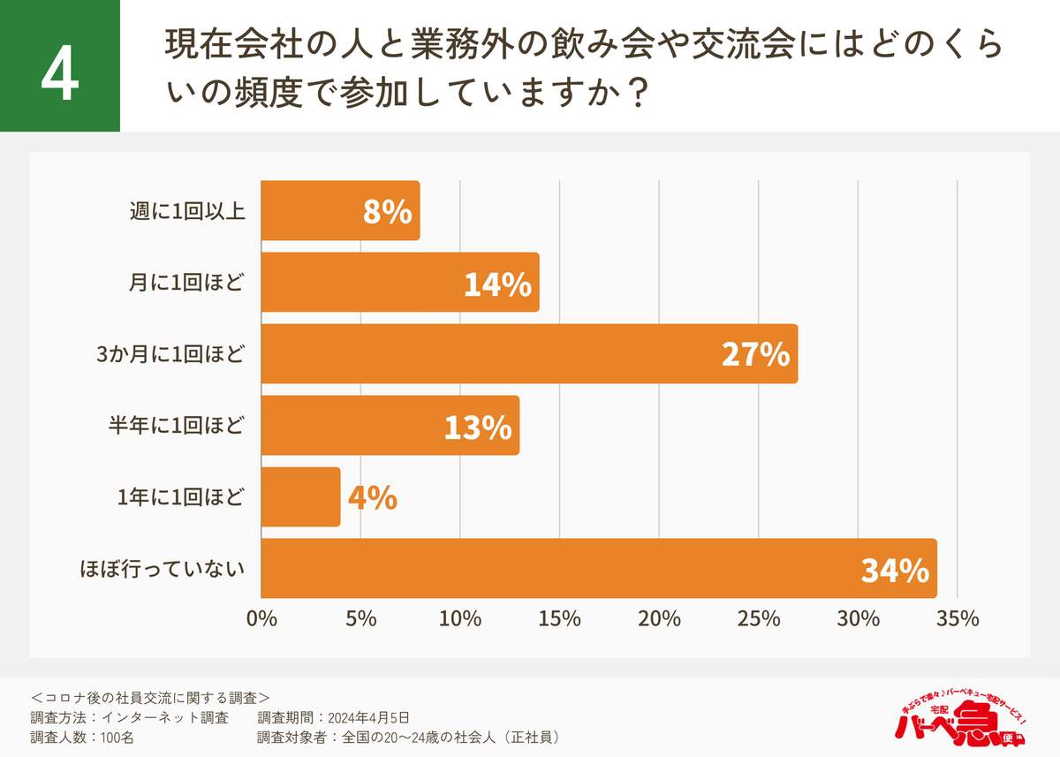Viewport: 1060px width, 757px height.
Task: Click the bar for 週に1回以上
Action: [x=340, y=210]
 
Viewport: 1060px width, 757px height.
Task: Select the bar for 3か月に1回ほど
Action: [x=528, y=353]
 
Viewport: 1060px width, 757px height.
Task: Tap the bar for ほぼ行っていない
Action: [x=598, y=568]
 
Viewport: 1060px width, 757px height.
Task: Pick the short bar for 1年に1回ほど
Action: [x=300, y=496]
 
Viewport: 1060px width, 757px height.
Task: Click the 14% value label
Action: [x=496, y=284]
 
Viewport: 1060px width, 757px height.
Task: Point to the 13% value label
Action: [x=478, y=428]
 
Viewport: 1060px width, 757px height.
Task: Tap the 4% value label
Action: [x=372, y=498]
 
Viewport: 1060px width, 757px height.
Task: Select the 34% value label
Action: [x=894, y=571]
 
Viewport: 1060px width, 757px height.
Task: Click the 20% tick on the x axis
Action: [x=660, y=619]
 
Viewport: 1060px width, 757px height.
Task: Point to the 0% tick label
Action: [x=261, y=619]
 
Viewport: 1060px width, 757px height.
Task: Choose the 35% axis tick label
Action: [x=958, y=619]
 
